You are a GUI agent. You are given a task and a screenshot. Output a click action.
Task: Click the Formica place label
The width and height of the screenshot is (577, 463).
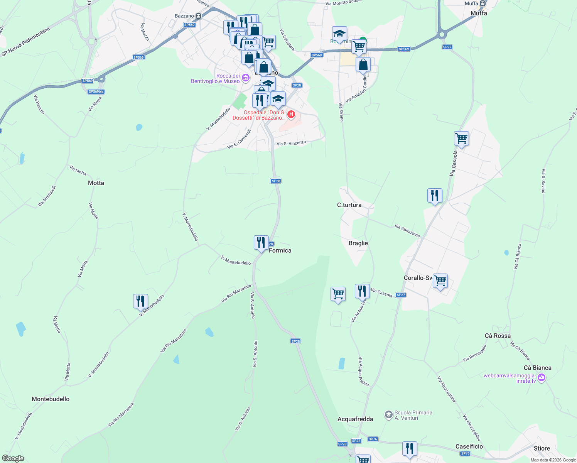[280, 251]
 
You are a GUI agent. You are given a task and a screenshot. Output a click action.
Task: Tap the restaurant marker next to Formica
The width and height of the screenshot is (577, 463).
[261, 243]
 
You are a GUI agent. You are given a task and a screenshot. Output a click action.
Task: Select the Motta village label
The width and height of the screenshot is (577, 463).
[96, 183]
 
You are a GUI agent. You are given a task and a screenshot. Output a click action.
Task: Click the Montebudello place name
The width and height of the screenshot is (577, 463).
[51, 399]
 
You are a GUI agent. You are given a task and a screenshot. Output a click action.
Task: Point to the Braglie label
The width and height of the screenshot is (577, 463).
[358, 243]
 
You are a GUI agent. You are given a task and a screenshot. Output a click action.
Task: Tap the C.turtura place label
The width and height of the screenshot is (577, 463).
[349, 205]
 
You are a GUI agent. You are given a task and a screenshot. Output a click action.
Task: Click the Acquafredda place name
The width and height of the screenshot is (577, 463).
[355, 419]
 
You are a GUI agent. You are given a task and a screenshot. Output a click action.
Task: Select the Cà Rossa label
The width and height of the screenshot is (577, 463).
[498, 336]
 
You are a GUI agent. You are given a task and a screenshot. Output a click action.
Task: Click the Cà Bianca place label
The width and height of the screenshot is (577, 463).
[537, 368]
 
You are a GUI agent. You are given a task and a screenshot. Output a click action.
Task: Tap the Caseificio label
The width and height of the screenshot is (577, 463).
[469, 446]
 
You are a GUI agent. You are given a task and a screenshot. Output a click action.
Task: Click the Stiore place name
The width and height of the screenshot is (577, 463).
[542, 448]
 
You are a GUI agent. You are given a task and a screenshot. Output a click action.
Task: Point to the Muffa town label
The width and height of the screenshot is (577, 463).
[479, 13]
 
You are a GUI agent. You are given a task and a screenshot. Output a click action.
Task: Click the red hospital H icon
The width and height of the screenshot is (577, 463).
[291, 114]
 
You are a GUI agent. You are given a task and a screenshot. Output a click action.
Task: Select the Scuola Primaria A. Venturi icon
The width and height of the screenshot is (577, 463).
[389, 415]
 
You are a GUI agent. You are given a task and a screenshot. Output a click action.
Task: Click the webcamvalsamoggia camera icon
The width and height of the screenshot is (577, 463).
[542, 378]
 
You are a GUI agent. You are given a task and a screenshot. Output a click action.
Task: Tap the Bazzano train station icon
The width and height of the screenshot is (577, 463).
[199, 16]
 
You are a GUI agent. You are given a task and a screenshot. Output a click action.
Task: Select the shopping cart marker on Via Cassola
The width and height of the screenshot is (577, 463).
[461, 138]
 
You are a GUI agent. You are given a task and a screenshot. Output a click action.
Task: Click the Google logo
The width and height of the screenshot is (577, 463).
[13, 458]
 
